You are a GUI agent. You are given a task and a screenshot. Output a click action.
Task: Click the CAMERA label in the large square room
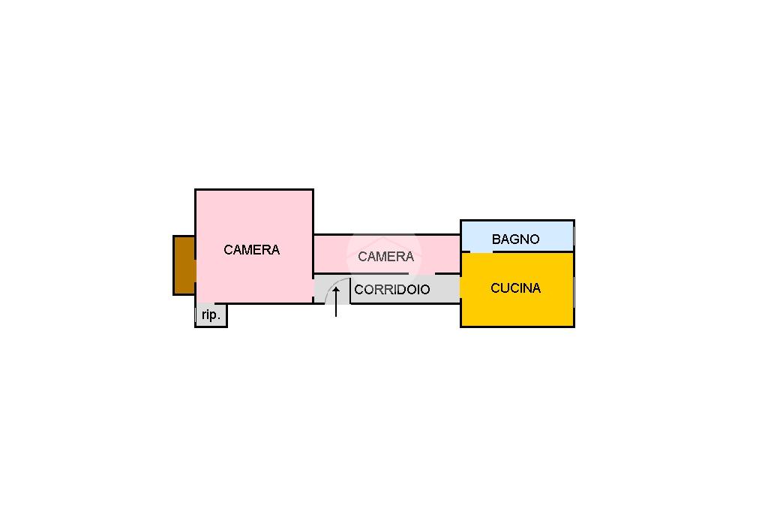[252, 250]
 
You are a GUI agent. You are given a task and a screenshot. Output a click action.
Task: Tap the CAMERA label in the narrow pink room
[386, 256]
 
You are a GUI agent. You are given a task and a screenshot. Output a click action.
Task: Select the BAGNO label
[515, 239]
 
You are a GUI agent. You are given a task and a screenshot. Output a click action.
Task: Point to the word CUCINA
[516, 288]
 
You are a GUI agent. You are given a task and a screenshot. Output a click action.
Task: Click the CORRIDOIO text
[391, 289]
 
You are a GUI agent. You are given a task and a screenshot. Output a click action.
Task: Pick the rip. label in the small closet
[211, 315]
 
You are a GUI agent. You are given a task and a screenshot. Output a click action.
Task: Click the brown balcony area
[184, 265]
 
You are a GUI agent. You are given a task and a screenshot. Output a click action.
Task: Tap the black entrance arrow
[336, 302]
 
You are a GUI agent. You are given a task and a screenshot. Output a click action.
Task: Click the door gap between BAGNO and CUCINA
[481, 252]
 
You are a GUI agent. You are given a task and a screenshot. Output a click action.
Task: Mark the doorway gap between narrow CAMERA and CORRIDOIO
[421, 273]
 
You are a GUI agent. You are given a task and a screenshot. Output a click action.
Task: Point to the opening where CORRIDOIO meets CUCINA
[460, 289]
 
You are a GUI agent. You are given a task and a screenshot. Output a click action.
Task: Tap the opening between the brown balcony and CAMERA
[196, 271]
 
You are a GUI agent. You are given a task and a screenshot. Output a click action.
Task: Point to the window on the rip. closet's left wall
[196, 315]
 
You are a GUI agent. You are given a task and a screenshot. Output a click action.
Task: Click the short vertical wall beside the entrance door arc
[350, 291]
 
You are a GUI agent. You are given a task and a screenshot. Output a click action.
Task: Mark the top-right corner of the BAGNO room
[574, 220]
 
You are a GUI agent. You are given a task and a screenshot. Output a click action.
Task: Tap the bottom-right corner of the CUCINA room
[574, 327]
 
